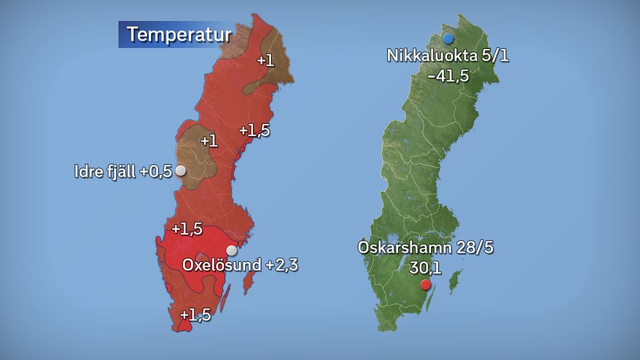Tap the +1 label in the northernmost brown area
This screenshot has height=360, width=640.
(x=266, y=61)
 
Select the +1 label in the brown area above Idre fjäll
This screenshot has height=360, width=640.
(x=209, y=141)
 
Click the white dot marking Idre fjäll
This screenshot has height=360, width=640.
(x=181, y=171)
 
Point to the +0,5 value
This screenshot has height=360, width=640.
(x=156, y=172)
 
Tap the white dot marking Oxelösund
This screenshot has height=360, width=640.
(x=231, y=250)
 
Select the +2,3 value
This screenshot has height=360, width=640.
(x=281, y=265)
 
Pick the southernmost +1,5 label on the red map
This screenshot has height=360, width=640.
(x=195, y=315)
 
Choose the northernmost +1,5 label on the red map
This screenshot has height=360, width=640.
(x=254, y=130)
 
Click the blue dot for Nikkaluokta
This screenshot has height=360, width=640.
(x=448, y=39)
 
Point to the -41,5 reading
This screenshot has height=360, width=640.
(x=448, y=75)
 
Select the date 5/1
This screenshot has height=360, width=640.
(x=494, y=55)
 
